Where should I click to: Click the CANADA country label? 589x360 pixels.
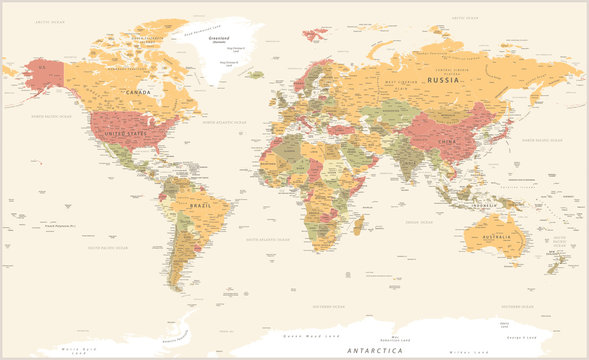pyautogui.click(x=138, y=92)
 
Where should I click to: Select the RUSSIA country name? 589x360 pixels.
pyautogui.click(x=443, y=79)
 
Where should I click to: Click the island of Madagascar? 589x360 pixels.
pyautogui.click(x=357, y=227)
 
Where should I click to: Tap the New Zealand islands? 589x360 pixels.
pyautogui.click(x=561, y=264)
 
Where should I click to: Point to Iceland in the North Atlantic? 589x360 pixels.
pyautogui.click(x=257, y=73)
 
